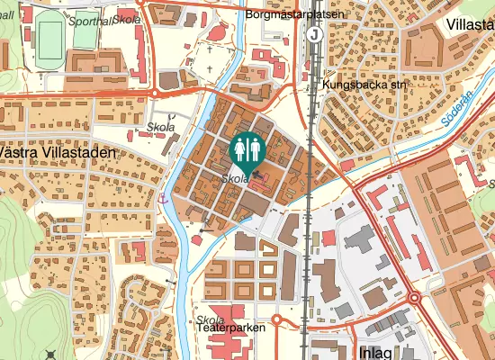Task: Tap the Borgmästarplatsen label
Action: (292, 15)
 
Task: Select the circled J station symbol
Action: (314, 34)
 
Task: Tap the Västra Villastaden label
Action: (58, 153)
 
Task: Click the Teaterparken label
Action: (230, 329)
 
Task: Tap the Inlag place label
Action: (376, 351)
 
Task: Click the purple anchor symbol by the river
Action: (162, 197)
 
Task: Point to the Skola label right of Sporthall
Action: (126, 19)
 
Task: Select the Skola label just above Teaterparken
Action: (209, 319)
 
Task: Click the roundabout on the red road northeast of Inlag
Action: (415, 298)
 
